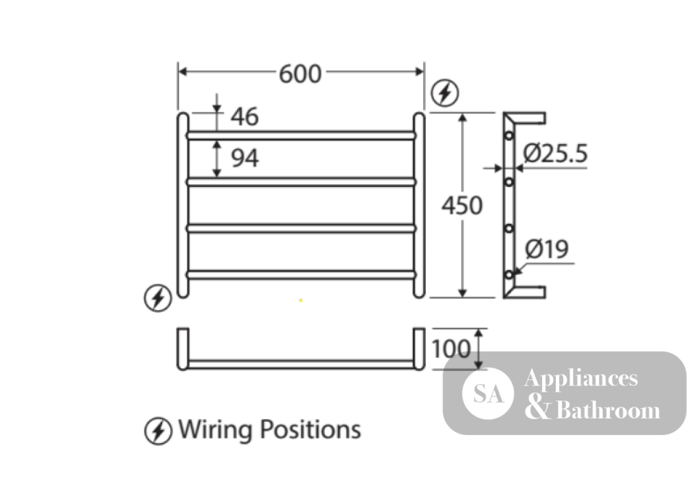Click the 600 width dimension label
click(300, 74)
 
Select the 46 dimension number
click(245, 117)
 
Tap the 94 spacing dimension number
click(245, 158)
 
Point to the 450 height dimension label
click(462, 205)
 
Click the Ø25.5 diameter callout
click(555, 153)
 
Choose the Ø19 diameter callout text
click(547, 249)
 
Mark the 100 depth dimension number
click(451, 349)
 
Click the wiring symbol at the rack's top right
click(444, 93)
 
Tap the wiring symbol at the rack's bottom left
click(158, 298)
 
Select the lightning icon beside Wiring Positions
click(158, 431)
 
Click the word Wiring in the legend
click(214, 429)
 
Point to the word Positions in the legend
click(311, 429)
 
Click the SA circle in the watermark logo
click(488, 393)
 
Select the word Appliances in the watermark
click(581, 379)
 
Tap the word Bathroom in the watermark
click(608, 410)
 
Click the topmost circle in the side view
click(508, 135)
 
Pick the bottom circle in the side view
click(508, 275)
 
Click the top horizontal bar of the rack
click(301, 135)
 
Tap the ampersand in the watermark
click(538, 406)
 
